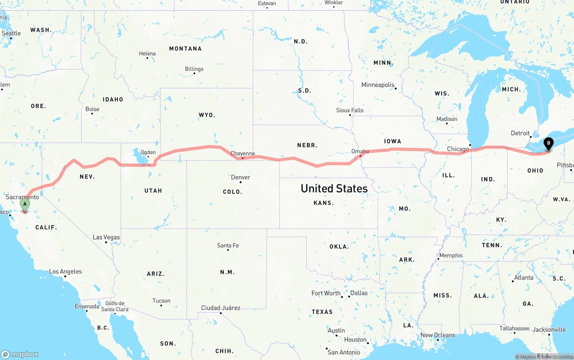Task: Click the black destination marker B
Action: click(548, 143)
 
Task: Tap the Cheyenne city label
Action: click(243, 153)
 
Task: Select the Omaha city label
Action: click(360, 151)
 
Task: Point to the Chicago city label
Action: click(458, 149)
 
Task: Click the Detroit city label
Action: click(520, 133)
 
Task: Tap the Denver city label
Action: click(241, 177)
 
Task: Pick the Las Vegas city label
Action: click(106, 237)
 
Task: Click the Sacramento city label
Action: click(22, 197)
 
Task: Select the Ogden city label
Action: click(148, 152)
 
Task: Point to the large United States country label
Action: click(334, 188)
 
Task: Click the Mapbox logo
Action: click(20, 354)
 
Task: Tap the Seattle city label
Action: click(11, 33)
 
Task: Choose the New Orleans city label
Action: click(438, 335)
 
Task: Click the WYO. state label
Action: click(207, 115)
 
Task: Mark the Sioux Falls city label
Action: click(350, 110)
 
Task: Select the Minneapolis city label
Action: click(378, 85)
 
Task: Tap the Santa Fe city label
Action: click(228, 245)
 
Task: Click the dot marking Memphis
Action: click(438, 260)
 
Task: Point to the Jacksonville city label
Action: click(549, 330)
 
